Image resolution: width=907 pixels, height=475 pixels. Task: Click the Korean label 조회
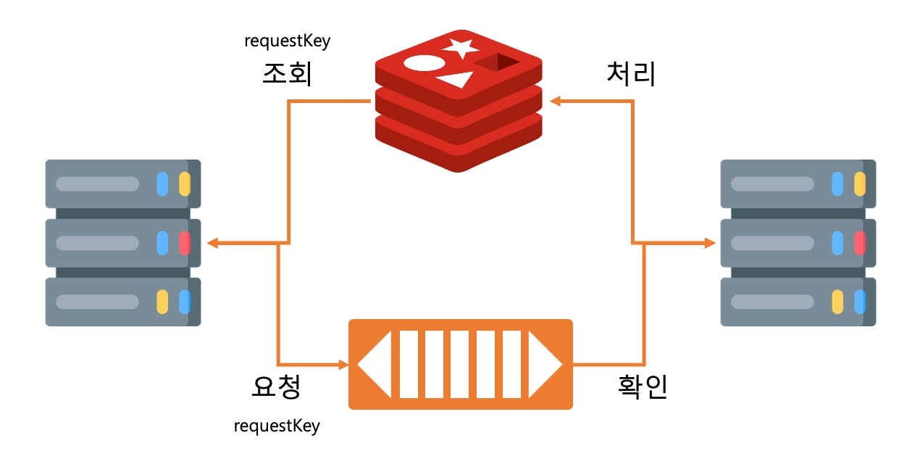[288, 74]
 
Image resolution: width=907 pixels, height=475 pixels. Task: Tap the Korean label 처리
[631, 74]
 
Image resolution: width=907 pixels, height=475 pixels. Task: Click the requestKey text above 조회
[288, 41]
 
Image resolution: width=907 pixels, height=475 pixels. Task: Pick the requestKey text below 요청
[277, 426]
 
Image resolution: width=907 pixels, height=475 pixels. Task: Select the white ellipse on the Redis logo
[424, 63]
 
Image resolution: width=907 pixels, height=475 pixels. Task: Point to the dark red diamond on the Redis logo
[497, 63]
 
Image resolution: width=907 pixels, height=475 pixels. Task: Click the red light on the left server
[184, 243]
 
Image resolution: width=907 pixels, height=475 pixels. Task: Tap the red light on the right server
[860, 243]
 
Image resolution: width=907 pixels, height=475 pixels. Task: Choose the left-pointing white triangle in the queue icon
[375, 364]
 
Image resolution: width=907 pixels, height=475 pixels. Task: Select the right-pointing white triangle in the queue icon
[545, 364]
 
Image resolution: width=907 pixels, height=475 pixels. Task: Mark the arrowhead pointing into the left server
[212, 244]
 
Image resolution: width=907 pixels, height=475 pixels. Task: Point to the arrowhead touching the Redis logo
[555, 102]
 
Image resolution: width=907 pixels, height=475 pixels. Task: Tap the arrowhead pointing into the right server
[710, 244]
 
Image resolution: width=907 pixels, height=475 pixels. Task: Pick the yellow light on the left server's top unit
[184, 183]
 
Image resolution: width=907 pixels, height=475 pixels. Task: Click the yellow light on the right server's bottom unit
[837, 302]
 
